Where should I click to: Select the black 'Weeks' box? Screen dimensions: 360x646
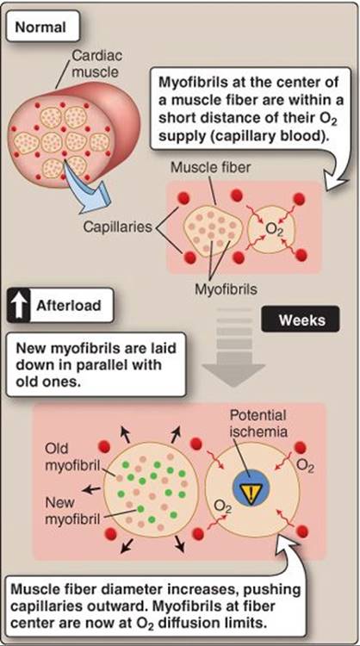pyautogui.click(x=301, y=320)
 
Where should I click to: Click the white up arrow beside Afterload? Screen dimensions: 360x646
pyautogui.click(x=19, y=306)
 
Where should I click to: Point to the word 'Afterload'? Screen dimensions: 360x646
pyautogui.click(x=68, y=306)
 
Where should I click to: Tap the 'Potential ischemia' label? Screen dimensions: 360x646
pyautogui.click(x=258, y=423)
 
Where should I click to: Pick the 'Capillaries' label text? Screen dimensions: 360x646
pyautogui.click(x=117, y=227)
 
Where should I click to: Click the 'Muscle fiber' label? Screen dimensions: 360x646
pyautogui.click(x=210, y=168)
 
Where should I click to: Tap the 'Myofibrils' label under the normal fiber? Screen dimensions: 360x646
pyautogui.click(x=226, y=289)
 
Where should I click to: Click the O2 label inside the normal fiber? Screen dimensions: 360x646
pyautogui.click(x=273, y=229)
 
